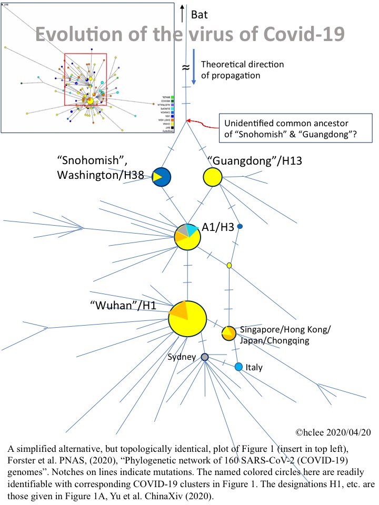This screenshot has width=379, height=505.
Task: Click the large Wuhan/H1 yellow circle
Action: coord(187,319)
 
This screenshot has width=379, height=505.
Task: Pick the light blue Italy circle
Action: coord(238,367)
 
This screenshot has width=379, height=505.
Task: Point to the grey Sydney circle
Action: coord(204,357)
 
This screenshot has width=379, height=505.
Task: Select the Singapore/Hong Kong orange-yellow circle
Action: coord(228,333)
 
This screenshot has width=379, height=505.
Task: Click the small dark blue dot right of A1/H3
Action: coord(240,226)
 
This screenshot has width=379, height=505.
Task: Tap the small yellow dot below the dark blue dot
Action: coord(230,265)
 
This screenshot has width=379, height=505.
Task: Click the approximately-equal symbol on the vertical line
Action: coord(185,67)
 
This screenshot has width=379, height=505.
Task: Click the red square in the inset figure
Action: coord(85,79)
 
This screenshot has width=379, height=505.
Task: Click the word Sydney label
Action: coord(182,357)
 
